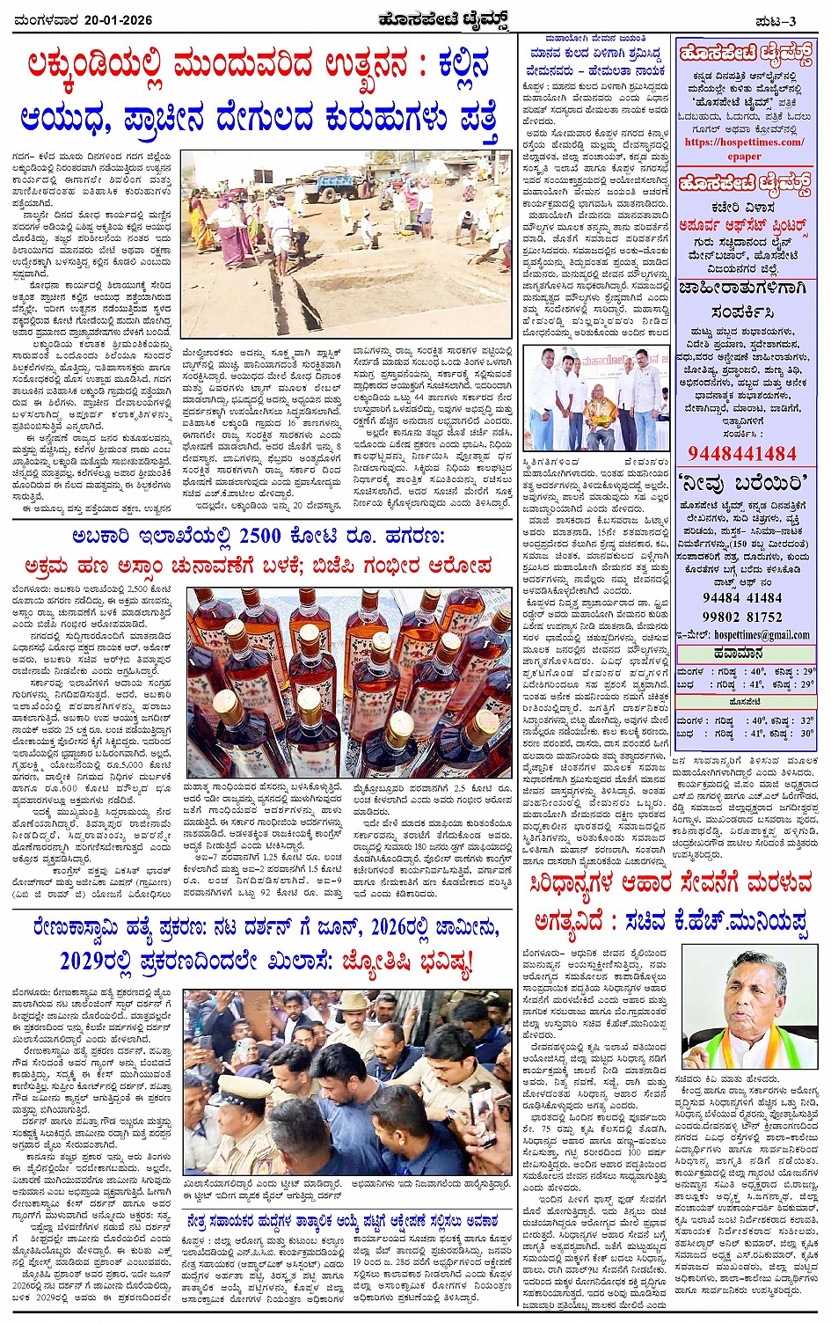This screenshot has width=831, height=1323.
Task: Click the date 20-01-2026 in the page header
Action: click(113, 20)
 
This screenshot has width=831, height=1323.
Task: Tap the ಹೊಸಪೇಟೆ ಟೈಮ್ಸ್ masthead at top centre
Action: click(419, 19)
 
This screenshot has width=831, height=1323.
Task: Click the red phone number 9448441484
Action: click(741, 454)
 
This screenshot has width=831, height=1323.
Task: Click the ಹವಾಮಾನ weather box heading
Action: click(744, 654)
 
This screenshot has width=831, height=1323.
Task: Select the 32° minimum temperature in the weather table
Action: click(805, 720)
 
